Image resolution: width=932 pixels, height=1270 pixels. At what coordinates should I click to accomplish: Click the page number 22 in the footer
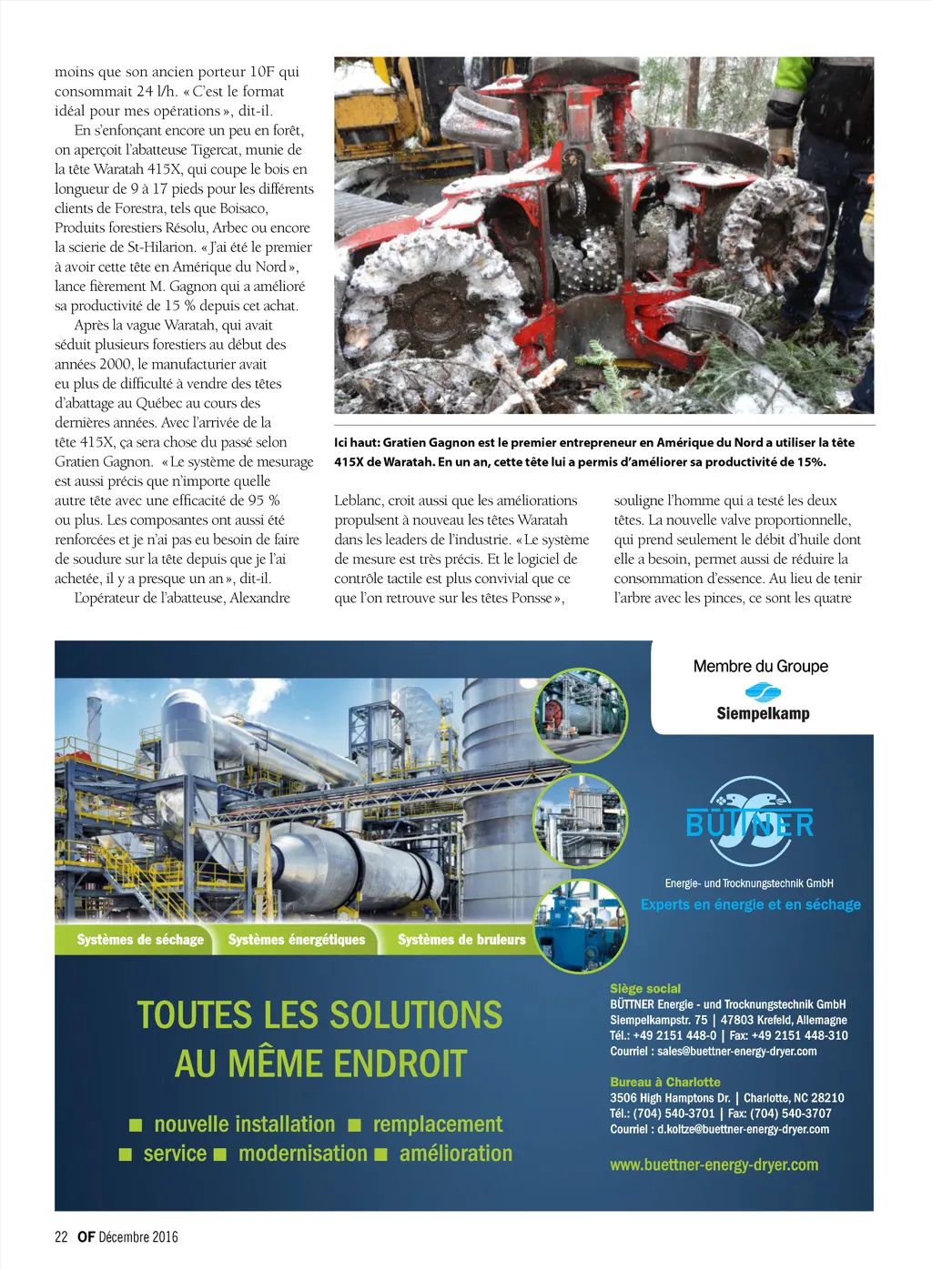[x=61, y=1236]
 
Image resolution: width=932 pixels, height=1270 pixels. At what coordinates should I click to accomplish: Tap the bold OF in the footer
[x=86, y=1236]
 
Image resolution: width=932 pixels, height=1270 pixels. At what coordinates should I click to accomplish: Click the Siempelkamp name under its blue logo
[x=763, y=713]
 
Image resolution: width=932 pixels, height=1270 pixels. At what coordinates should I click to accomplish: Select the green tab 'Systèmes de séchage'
[x=140, y=940]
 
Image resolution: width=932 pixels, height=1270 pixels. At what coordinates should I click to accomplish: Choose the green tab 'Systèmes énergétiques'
[x=297, y=940]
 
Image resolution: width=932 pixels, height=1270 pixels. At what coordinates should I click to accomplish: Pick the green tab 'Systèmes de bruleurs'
[x=461, y=940]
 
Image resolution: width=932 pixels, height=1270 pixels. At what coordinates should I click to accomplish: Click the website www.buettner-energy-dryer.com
[x=714, y=1164]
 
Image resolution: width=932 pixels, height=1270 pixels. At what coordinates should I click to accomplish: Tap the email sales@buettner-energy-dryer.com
[x=736, y=1051]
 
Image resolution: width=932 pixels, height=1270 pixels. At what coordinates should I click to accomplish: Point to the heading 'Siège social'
[x=645, y=989]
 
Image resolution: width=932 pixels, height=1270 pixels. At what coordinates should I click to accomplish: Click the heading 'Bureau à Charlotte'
[x=665, y=1083]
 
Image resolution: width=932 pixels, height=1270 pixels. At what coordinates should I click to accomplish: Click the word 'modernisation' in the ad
[x=302, y=1154]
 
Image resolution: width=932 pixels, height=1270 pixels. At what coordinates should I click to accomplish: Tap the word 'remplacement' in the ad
[x=437, y=1124]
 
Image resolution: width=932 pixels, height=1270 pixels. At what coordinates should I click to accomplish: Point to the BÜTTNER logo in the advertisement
[x=750, y=822]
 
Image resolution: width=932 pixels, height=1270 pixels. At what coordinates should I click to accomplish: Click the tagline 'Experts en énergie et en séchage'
[x=750, y=904]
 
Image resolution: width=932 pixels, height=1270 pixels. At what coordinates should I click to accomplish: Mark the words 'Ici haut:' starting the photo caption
[x=357, y=442]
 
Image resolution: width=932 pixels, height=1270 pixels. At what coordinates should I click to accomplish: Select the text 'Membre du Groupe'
[x=760, y=666]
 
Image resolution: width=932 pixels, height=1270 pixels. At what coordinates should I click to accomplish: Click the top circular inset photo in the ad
[x=580, y=716]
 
